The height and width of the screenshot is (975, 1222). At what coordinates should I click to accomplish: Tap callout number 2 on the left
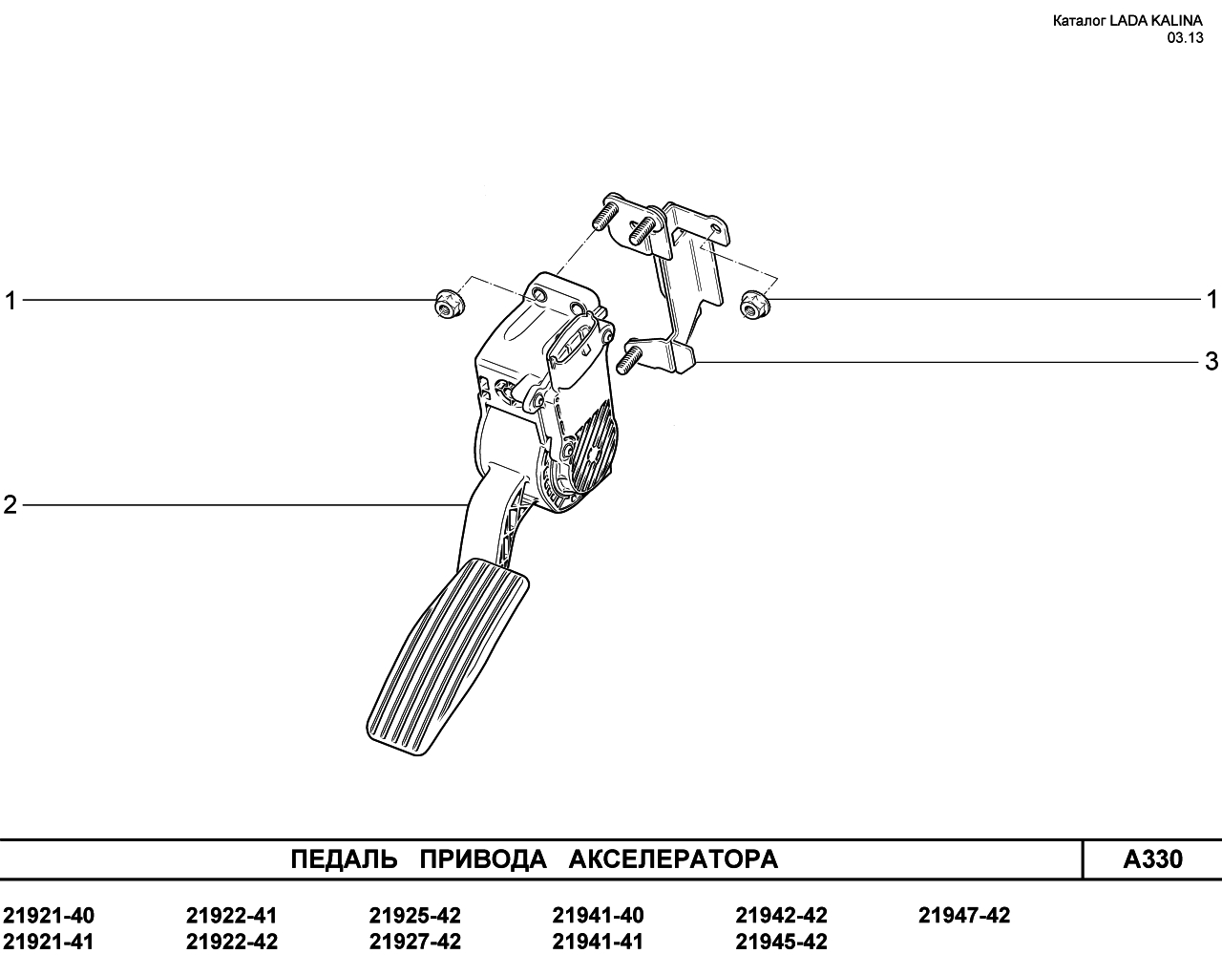click(x=11, y=504)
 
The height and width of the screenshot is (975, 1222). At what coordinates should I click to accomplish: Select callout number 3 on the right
click(x=1211, y=362)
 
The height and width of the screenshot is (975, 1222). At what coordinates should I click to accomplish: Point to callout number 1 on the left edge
click(x=11, y=301)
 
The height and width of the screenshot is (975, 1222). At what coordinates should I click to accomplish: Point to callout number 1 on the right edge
click(x=1212, y=300)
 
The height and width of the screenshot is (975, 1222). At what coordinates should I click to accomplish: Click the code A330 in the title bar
click(x=1152, y=859)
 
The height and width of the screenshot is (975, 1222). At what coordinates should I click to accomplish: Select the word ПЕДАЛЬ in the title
click(x=344, y=859)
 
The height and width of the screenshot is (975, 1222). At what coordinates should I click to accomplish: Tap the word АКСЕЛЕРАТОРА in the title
click(x=673, y=859)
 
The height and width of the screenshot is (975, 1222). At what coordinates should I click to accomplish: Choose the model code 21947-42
click(x=965, y=916)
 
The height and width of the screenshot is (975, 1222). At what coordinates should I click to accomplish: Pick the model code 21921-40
click(x=49, y=916)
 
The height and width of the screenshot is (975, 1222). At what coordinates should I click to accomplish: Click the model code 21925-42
click(x=415, y=916)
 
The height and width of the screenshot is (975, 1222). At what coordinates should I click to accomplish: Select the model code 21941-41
click(x=598, y=943)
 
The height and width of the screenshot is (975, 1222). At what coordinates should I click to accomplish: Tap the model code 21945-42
click(x=781, y=943)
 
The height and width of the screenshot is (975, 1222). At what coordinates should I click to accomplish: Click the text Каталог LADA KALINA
click(x=1127, y=21)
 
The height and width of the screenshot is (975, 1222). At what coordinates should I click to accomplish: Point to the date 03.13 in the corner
click(x=1185, y=38)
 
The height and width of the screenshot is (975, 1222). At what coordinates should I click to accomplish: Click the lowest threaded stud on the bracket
click(x=627, y=360)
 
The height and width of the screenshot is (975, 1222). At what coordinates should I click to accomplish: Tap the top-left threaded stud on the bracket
click(x=607, y=214)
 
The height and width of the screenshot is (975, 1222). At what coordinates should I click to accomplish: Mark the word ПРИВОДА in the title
click(x=483, y=859)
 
